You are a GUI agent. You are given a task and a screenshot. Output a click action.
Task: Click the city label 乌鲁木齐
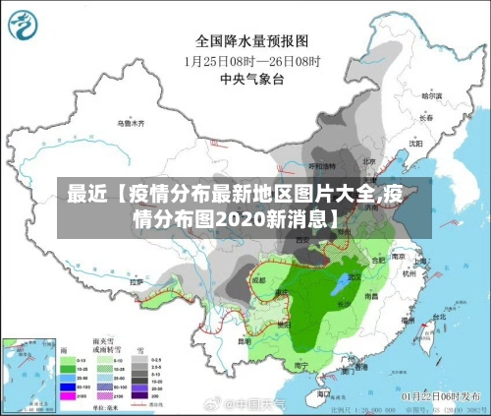point(130,124)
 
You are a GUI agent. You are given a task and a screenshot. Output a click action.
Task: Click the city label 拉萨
point(136,282)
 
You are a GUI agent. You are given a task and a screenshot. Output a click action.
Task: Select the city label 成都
point(258,279)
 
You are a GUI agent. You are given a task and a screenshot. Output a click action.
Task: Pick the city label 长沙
point(344,304)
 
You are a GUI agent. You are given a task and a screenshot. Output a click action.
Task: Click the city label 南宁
point(300,365)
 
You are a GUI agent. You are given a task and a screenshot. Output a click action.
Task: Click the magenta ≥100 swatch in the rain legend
point(68,395)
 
